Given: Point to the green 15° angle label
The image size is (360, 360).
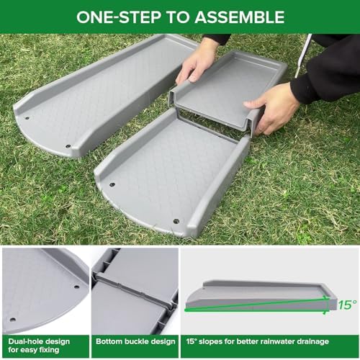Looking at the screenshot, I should click(346, 305).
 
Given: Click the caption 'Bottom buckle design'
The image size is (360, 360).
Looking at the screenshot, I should click(134, 341).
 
